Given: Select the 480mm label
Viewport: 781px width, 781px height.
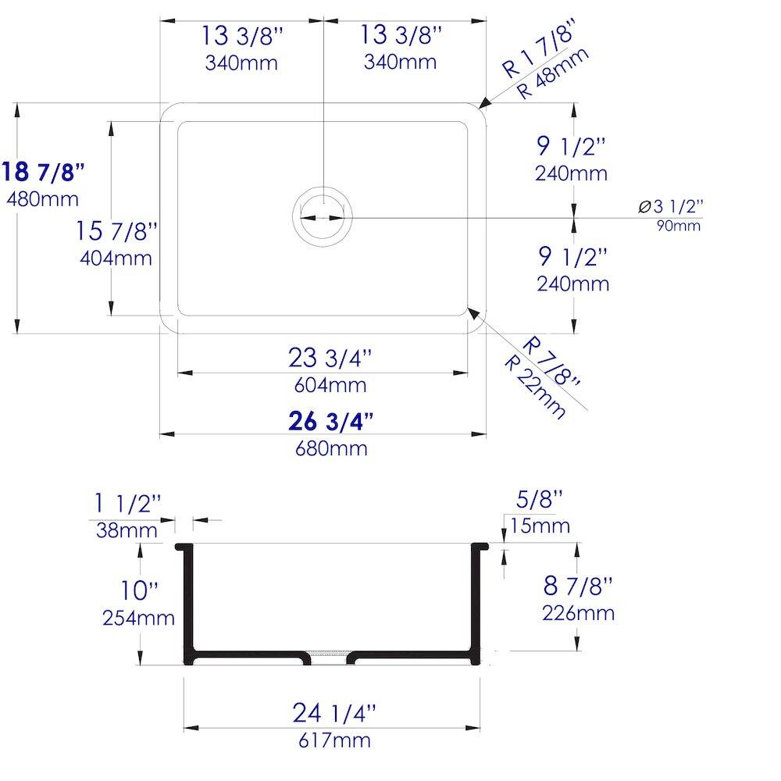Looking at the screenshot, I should click(43, 198).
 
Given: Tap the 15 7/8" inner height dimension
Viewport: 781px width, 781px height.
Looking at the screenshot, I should click(117, 231).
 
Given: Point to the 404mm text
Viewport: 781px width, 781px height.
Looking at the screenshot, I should click(116, 258).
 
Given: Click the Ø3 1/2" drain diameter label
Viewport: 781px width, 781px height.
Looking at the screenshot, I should click(670, 207).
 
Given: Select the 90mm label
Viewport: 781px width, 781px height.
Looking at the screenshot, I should click(678, 226).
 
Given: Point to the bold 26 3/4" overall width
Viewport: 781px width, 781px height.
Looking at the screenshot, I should click(330, 422).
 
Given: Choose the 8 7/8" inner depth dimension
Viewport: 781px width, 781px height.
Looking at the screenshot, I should click(577, 585).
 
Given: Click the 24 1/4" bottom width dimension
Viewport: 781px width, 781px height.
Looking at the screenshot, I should click(334, 713).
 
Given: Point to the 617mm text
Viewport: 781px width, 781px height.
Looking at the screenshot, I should click(334, 740).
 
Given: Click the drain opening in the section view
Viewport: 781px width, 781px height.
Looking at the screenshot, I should click(328, 654).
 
